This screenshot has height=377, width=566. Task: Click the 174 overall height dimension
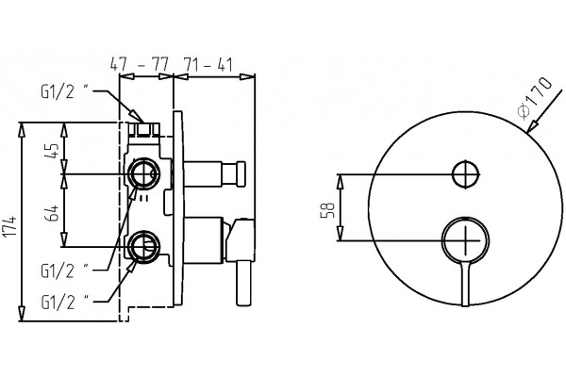tap(9, 227)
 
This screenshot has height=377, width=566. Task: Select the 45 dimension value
tap(52, 151)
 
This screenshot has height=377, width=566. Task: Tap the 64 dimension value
tap(52, 213)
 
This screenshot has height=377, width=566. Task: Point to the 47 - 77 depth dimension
tap(139, 65)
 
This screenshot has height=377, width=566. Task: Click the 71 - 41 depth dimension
tap(208, 65)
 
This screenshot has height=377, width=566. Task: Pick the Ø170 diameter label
tap(535, 95)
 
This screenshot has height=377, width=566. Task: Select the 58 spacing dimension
tap(327, 210)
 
